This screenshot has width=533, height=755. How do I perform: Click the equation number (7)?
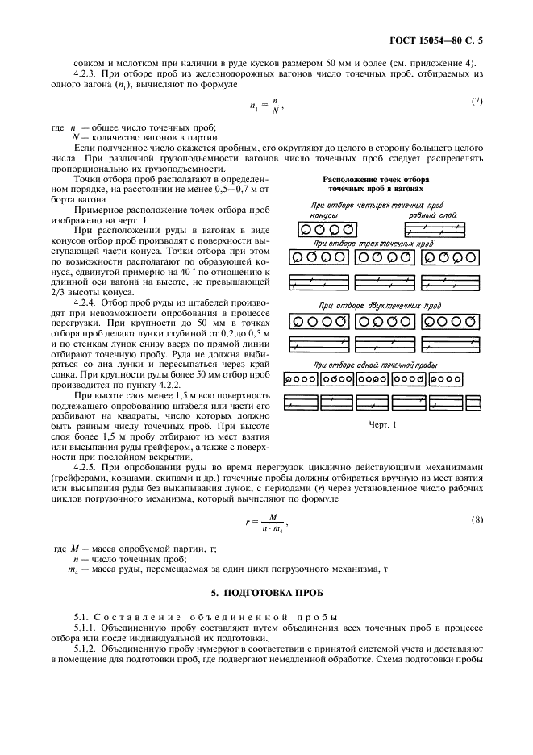476,101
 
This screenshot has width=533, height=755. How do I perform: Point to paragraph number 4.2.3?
85,73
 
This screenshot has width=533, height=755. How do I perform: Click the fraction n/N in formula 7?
276,105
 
